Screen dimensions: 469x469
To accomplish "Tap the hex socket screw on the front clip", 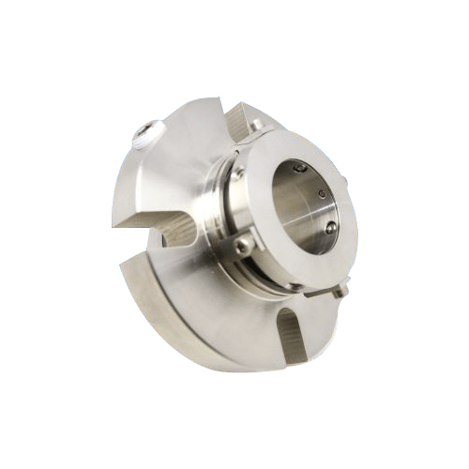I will coord(244,245).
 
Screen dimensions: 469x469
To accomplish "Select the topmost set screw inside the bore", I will coord(300,168).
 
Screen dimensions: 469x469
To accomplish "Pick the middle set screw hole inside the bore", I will coord(322,194).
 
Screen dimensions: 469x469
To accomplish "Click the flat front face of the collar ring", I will coord(281,263).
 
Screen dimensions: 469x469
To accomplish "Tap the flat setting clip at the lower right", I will coord(324,291).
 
